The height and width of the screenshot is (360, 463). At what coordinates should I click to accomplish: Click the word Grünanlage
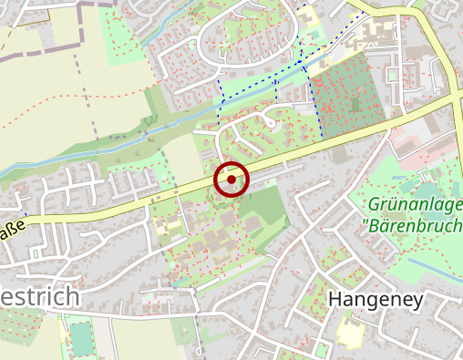[x=417, y=204]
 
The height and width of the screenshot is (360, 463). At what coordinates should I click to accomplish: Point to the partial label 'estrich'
[x=40, y=299]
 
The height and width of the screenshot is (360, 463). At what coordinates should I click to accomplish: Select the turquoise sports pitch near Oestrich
[x=79, y=338]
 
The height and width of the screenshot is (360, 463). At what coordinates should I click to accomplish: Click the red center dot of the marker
[x=231, y=180]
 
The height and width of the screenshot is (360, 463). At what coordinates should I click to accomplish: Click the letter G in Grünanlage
[x=377, y=204]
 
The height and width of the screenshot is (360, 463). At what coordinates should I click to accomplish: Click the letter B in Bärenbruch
[x=376, y=224]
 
